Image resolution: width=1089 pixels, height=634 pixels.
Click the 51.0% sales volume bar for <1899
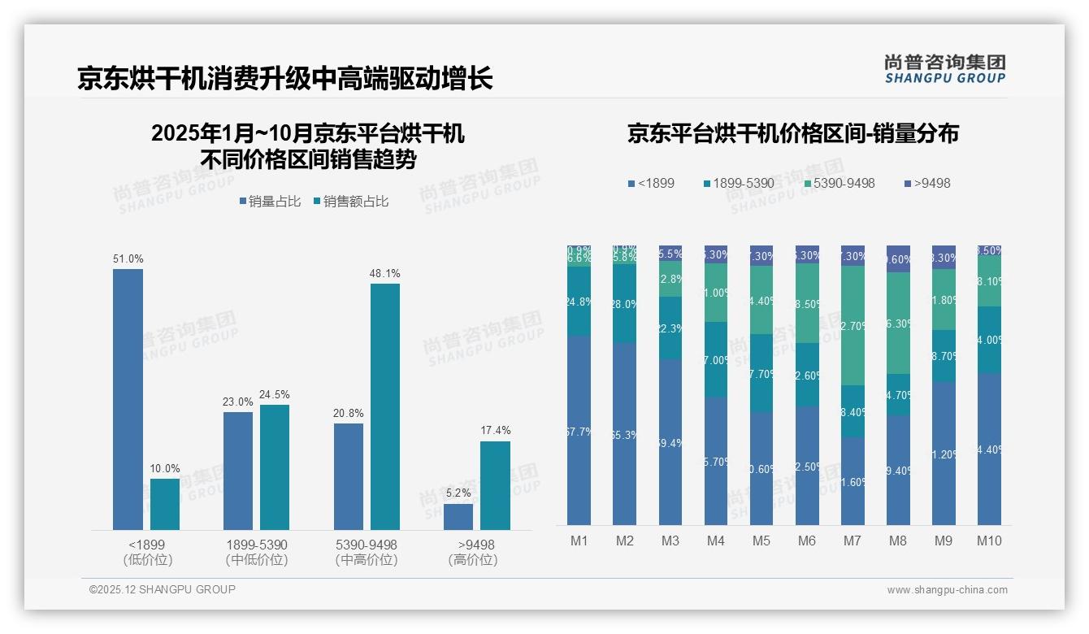(128, 399)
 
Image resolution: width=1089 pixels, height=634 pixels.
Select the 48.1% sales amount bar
(385, 406)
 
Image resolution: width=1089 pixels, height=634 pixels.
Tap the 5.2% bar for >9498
(458, 517)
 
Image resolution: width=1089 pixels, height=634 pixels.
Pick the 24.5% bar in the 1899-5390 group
(275, 467)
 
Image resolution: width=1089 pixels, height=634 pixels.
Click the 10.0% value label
(165, 468)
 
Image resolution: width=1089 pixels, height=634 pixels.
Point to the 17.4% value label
(496, 431)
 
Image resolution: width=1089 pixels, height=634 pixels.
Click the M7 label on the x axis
(853, 541)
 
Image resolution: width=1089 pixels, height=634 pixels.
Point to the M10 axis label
(989, 541)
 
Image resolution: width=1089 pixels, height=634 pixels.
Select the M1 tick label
(579, 541)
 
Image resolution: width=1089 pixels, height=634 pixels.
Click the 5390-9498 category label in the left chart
(367, 545)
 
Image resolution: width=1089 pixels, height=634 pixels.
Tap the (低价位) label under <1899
(148, 560)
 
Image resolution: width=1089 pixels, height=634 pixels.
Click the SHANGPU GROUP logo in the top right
(944, 69)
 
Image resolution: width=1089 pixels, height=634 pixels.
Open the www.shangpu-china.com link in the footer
(947, 590)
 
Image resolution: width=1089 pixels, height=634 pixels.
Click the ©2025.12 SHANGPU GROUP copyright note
(163, 589)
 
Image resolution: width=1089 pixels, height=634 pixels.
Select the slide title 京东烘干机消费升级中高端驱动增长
(284, 79)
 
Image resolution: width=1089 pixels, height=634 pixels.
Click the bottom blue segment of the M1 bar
(579, 431)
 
